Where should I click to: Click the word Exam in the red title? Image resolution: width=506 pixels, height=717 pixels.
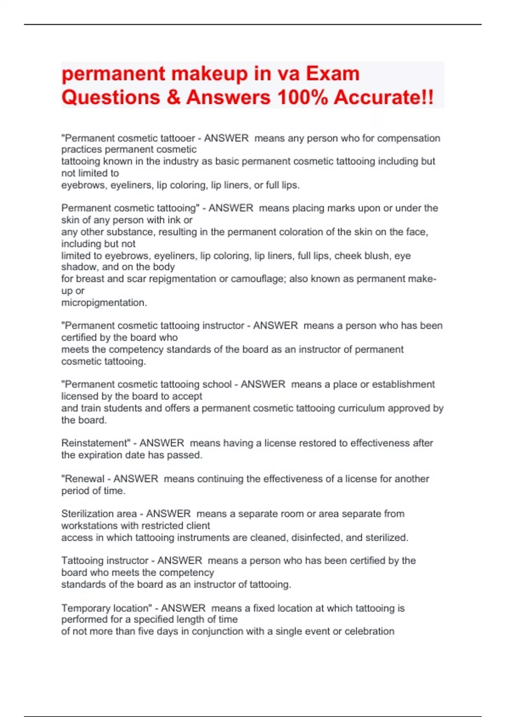tap(333, 74)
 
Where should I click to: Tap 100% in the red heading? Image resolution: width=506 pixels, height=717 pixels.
tap(302, 97)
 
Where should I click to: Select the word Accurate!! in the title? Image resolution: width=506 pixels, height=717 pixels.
tap(383, 97)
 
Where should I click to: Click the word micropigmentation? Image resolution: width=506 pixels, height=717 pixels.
tap(104, 303)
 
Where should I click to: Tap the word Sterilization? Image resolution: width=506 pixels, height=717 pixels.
tap(99, 514)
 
